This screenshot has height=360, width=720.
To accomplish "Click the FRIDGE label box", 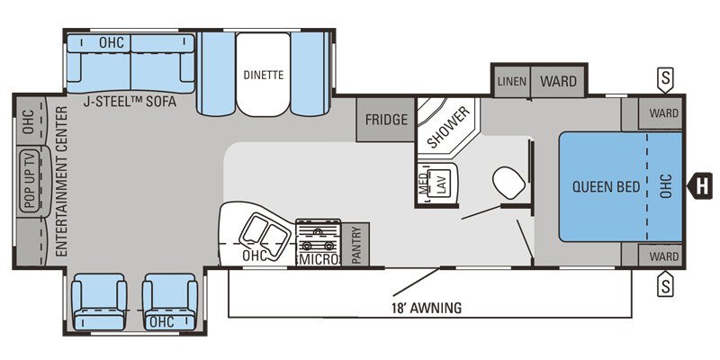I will (386, 120).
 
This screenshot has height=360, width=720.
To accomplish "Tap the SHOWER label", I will (446, 127).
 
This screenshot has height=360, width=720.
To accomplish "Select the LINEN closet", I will (511, 82).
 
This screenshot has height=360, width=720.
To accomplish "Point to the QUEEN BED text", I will (606, 187).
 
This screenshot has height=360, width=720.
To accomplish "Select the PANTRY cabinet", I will (355, 245).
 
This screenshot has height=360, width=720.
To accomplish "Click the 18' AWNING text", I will (427, 308).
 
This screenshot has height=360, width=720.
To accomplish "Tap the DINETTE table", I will (263, 76).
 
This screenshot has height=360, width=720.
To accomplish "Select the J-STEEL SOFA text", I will (129, 103).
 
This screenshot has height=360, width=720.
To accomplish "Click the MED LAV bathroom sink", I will (436, 184).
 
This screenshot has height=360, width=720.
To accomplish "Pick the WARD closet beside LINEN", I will (558, 82).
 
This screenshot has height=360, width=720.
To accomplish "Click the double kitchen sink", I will (259, 235).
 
